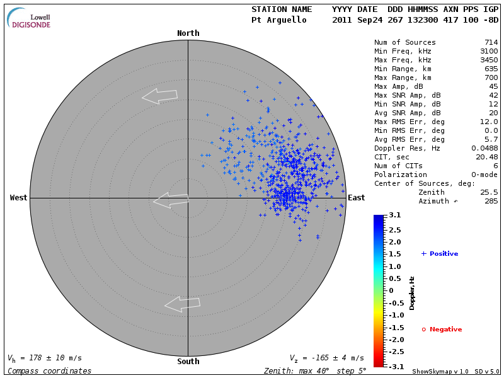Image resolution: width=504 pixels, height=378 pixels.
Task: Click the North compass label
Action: click(x=188, y=33)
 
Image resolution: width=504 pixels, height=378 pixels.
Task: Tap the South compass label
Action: click(x=188, y=362)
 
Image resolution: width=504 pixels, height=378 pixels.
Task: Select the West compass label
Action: click(x=19, y=198)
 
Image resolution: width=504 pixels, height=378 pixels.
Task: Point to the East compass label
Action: click(x=357, y=198)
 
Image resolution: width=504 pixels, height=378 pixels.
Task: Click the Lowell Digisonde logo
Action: click(x=29, y=19)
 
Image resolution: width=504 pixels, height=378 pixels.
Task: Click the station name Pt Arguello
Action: click(x=279, y=20)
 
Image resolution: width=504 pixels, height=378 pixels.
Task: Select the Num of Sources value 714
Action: click(x=491, y=43)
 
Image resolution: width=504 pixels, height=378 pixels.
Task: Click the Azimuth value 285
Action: click(x=491, y=202)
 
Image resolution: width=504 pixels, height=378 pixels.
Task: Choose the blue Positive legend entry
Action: click(x=440, y=254)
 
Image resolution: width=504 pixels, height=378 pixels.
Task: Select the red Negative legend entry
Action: click(x=442, y=329)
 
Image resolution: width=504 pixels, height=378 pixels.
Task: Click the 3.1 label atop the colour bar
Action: click(x=394, y=215)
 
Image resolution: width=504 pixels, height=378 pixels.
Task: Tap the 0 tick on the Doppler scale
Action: click(x=391, y=290)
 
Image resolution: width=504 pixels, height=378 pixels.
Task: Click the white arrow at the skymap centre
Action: click(x=171, y=201)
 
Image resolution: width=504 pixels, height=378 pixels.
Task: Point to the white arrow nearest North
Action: click(x=159, y=96)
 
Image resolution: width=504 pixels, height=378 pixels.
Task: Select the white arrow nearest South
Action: click(x=182, y=304)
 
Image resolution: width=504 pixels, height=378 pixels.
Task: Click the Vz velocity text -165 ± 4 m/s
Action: click(x=326, y=358)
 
